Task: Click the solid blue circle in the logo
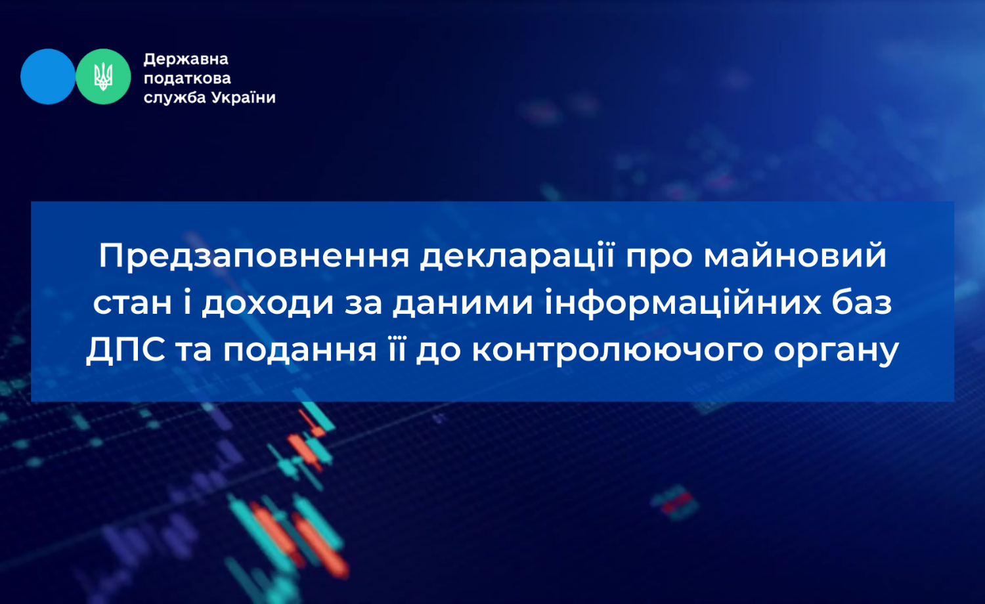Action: tap(48, 77)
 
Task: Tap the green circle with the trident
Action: tap(103, 77)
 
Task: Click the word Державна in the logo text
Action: tap(186, 59)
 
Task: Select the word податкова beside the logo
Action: tap(187, 78)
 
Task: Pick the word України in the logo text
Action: tap(243, 97)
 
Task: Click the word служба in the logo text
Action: tap(175, 98)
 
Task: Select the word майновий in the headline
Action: tap(795, 256)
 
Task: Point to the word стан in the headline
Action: tap(133, 303)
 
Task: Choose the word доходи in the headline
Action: tap(268, 304)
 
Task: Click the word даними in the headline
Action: tap(463, 304)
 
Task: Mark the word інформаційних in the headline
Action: tap(683, 303)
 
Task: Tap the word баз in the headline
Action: tap(862, 303)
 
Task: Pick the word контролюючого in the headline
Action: tap(617, 351)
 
